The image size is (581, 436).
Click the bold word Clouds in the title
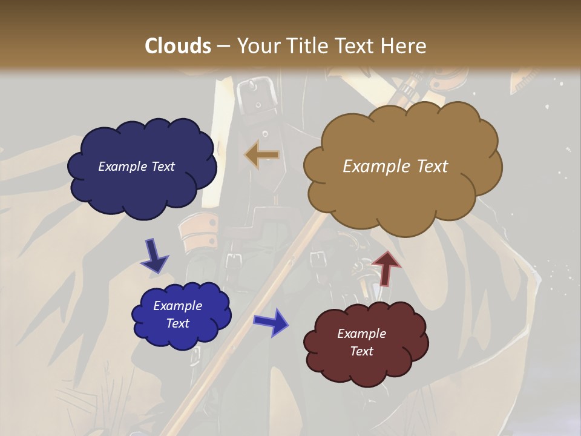tap(178, 46)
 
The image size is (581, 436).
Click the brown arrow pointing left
tap(262, 155)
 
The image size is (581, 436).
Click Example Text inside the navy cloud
tap(136, 167)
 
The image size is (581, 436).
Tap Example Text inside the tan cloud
tap(395, 167)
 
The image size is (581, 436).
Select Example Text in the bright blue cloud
tap(178, 314)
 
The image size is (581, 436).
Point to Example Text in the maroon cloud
tap(361, 342)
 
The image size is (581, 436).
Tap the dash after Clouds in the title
tap(223, 46)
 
